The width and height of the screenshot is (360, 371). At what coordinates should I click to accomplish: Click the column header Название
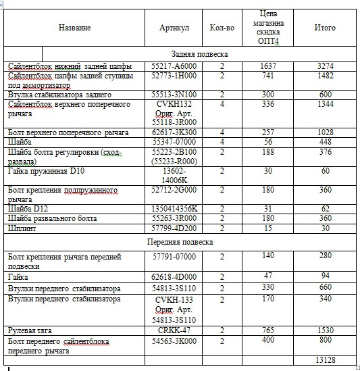pos(74,28)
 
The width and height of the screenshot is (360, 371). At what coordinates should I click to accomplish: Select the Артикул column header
pos(174,28)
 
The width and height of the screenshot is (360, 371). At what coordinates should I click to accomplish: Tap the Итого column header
pos(325,28)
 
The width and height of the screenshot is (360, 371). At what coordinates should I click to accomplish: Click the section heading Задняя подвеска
pos(199,53)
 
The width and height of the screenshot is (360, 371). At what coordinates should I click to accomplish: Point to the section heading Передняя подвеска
pos(180,241)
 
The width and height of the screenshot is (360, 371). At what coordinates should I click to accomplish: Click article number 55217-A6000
pos(174,66)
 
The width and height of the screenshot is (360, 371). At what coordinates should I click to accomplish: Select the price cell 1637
pos(269,66)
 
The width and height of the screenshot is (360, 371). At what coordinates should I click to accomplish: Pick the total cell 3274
pos(326,66)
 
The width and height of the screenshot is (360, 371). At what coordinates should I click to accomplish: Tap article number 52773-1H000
pos(174,76)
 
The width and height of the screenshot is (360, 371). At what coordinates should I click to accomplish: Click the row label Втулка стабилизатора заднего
pos(60,95)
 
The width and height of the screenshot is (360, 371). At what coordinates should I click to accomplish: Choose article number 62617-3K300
pos(174,132)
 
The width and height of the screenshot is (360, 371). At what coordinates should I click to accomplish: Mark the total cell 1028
pos(326,132)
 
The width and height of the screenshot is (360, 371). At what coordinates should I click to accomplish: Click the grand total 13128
pos(326,360)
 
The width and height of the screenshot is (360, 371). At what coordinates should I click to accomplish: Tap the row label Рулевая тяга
pos(34,330)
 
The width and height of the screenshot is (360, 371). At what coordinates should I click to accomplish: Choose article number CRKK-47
pos(174,330)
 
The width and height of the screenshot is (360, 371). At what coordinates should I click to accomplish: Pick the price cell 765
pos(269,330)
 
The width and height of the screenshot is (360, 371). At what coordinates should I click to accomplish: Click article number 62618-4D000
pos(174,276)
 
